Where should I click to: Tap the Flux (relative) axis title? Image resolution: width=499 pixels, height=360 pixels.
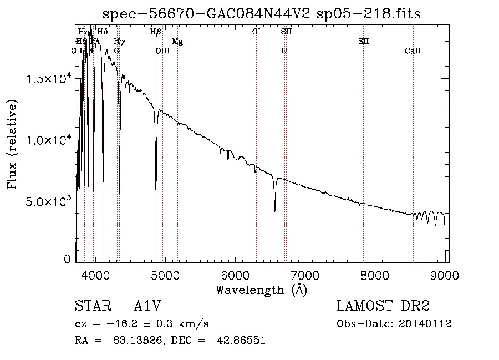[12, 144]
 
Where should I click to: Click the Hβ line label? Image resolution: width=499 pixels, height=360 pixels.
[156, 32]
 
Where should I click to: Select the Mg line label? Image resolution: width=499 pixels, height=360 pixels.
[177, 42]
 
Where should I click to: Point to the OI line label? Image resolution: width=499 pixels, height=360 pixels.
[256, 32]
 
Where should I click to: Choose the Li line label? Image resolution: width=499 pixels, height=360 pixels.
[284, 51]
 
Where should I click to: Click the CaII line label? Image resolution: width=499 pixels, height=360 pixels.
[413, 51]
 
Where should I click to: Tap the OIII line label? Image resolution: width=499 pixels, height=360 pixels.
[162, 51]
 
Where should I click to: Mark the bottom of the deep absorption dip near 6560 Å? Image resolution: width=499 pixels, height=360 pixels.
[274, 210]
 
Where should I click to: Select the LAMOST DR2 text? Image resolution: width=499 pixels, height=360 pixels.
[383, 307]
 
